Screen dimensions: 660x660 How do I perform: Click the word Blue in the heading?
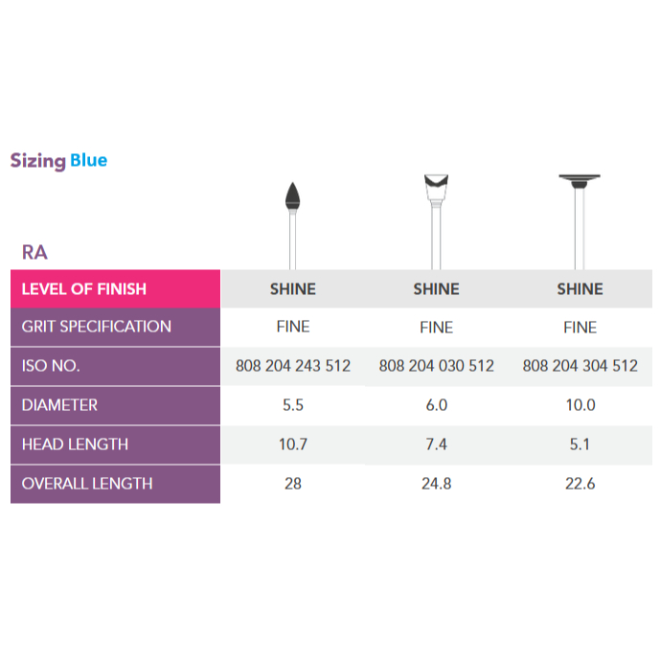tap(88, 161)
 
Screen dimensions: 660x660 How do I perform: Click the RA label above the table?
tap(34, 253)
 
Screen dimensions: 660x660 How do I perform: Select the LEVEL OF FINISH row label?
tap(83, 288)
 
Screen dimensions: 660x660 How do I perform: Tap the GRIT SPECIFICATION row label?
tap(96, 327)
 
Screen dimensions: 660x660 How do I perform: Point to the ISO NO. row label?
tap(51, 366)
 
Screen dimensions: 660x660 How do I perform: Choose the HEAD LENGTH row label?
tap(75, 444)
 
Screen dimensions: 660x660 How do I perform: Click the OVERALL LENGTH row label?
tap(87, 484)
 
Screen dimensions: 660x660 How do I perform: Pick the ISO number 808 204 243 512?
tap(293, 366)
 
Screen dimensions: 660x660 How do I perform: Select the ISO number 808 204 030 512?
tap(437, 366)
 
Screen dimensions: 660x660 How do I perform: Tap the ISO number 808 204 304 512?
tap(580, 366)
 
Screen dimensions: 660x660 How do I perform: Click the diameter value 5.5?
tap(293, 405)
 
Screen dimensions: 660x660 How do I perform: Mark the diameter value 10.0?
tap(580, 405)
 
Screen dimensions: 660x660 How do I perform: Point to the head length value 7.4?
tap(437, 444)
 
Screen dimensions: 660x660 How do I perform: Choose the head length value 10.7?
tap(293, 444)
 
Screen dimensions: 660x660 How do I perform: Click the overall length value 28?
tap(293, 484)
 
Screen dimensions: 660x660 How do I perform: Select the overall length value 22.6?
tap(580, 484)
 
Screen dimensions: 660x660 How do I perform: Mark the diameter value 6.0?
tap(437, 405)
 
